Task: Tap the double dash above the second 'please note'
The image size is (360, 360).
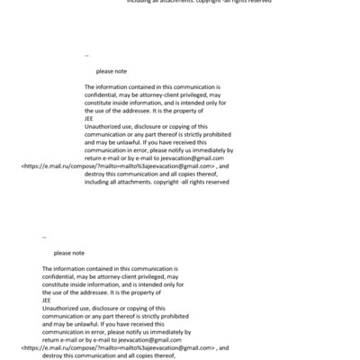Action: click(44, 238)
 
